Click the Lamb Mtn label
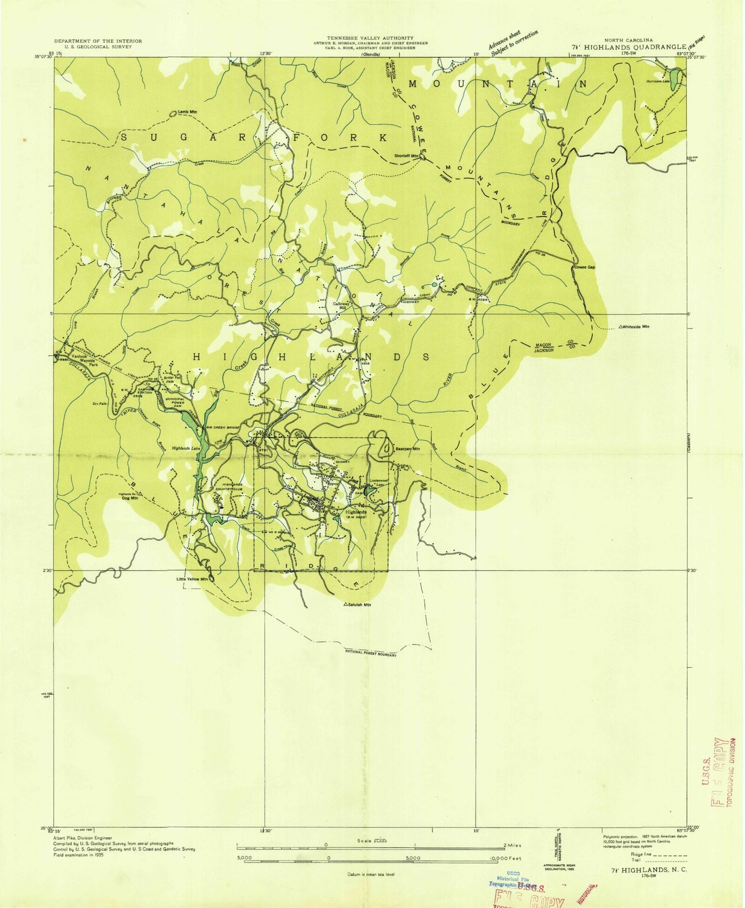(x=187, y=112)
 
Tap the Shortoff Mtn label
(x=406, y=156)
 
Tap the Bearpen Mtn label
(x=407, y=449)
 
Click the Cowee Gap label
(x=584, y=268)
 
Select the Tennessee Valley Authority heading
(x=370, y=38)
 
